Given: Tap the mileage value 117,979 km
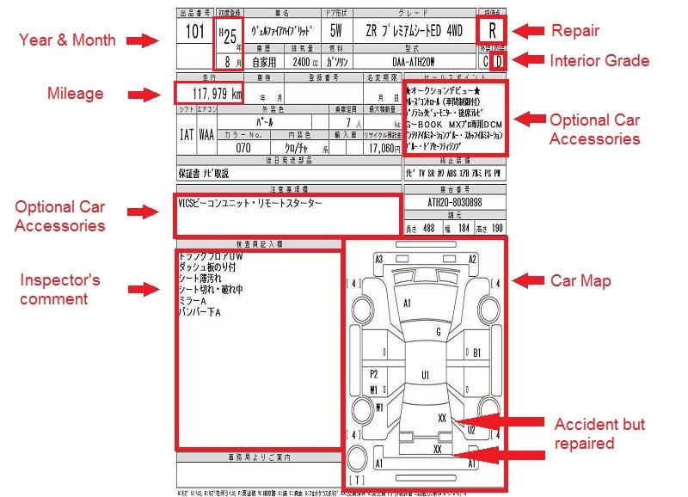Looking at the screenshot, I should tap(209, 95).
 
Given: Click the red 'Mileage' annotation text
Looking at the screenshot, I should tap(76, 94).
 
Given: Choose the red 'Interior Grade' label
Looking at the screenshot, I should tap(599, 60).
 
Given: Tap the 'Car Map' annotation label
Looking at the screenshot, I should tap(580, 281).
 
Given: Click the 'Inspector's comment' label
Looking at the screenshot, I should tap(60, 290).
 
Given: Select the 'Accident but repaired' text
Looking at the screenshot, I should tap(599, 433).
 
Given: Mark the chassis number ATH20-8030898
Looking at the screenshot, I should tap(455, 203).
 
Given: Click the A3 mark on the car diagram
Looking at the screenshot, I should tap(378, 259).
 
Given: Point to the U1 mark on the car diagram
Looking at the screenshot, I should tap(425, 375).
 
